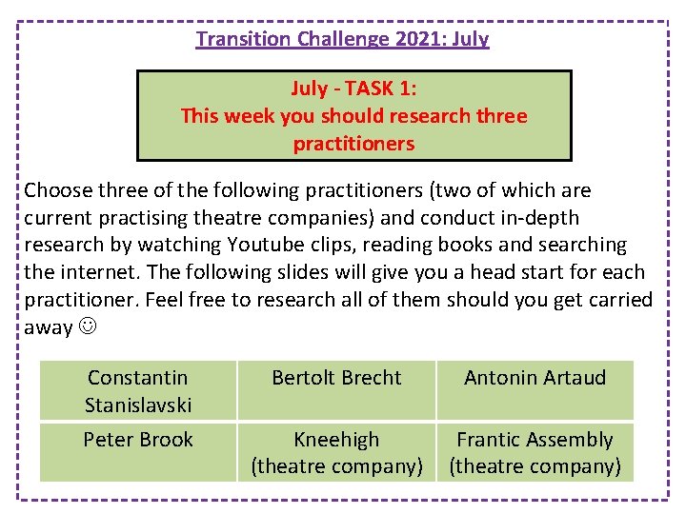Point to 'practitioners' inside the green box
(354, 144)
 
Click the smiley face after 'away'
(91, 328)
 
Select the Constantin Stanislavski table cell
(138, 391)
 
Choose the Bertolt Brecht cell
(336, 378)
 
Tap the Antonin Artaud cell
(535, 378)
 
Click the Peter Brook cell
(138, 440)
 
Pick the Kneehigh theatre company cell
(336, 453)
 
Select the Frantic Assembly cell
(535, 453)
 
